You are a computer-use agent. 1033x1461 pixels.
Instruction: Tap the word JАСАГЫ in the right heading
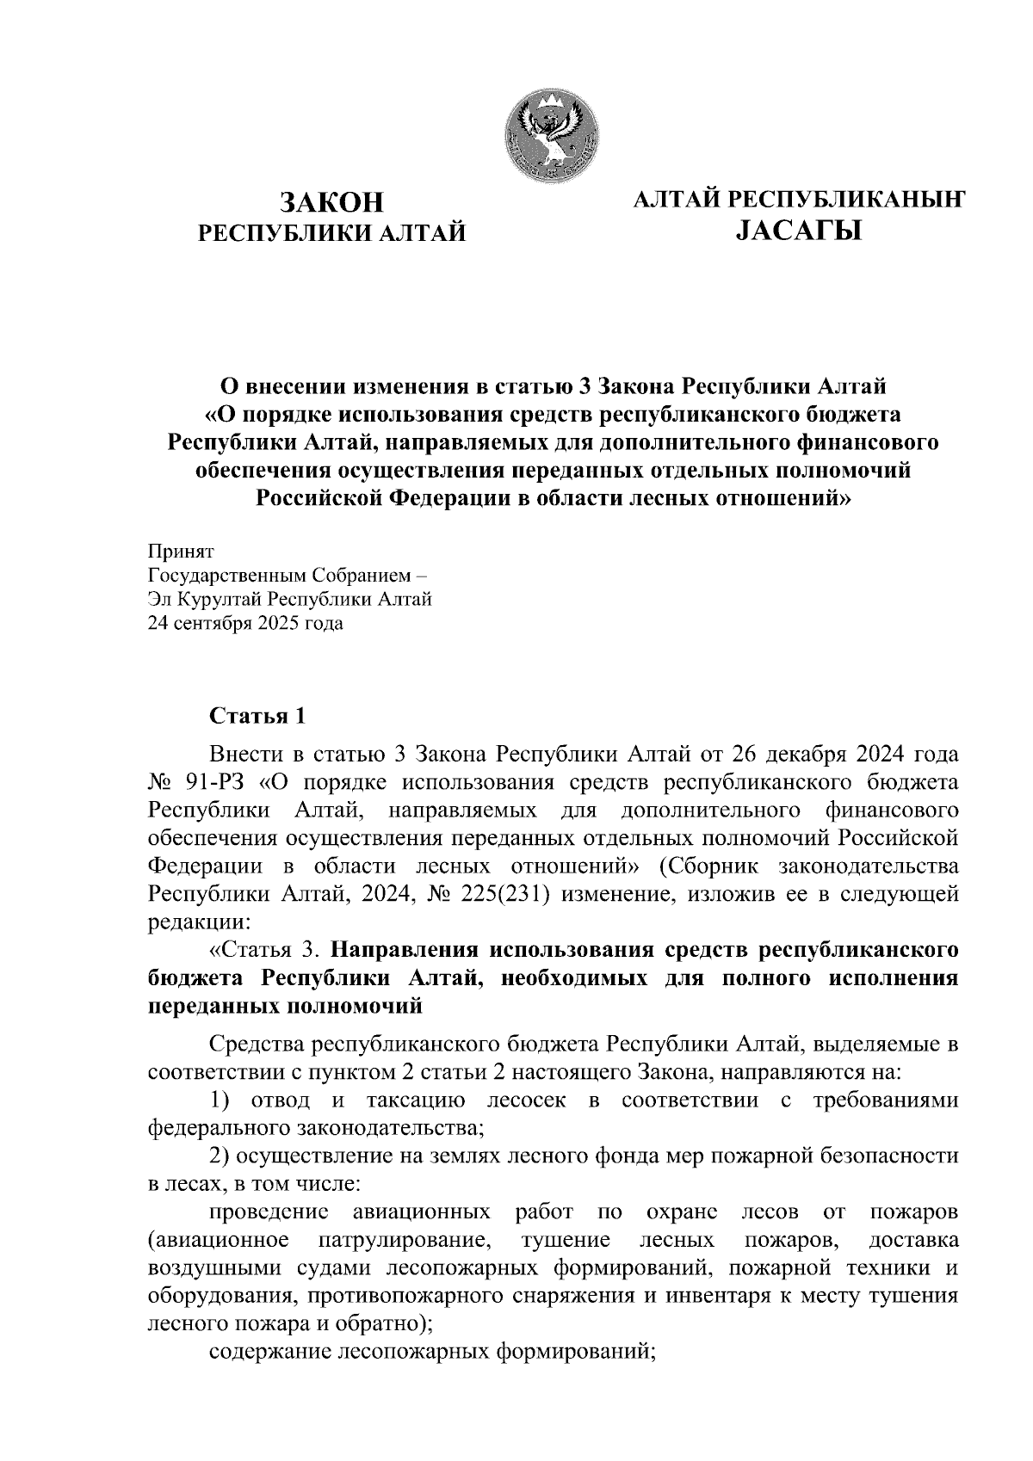coord(798,231)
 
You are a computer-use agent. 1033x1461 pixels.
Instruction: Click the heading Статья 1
coord(257,716)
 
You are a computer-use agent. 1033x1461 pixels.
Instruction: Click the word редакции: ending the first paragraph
coord(199,922)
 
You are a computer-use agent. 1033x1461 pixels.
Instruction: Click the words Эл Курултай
coord(205,600)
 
